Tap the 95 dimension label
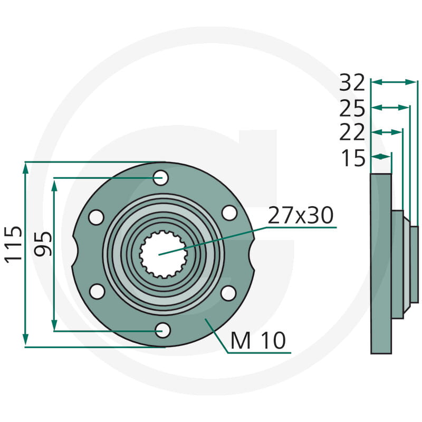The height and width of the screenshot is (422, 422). click(43, 244)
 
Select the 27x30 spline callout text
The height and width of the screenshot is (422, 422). click(301, 215)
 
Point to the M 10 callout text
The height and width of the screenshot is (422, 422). click(258, 340)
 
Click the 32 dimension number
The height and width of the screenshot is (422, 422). click(352, 83)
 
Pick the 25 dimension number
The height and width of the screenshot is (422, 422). click(352, 108)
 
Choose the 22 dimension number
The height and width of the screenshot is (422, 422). click(352, 132)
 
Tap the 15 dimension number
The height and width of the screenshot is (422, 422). click(353, 158)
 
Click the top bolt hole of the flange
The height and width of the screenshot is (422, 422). click(161, 178)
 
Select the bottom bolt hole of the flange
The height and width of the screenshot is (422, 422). click(163, 330)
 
